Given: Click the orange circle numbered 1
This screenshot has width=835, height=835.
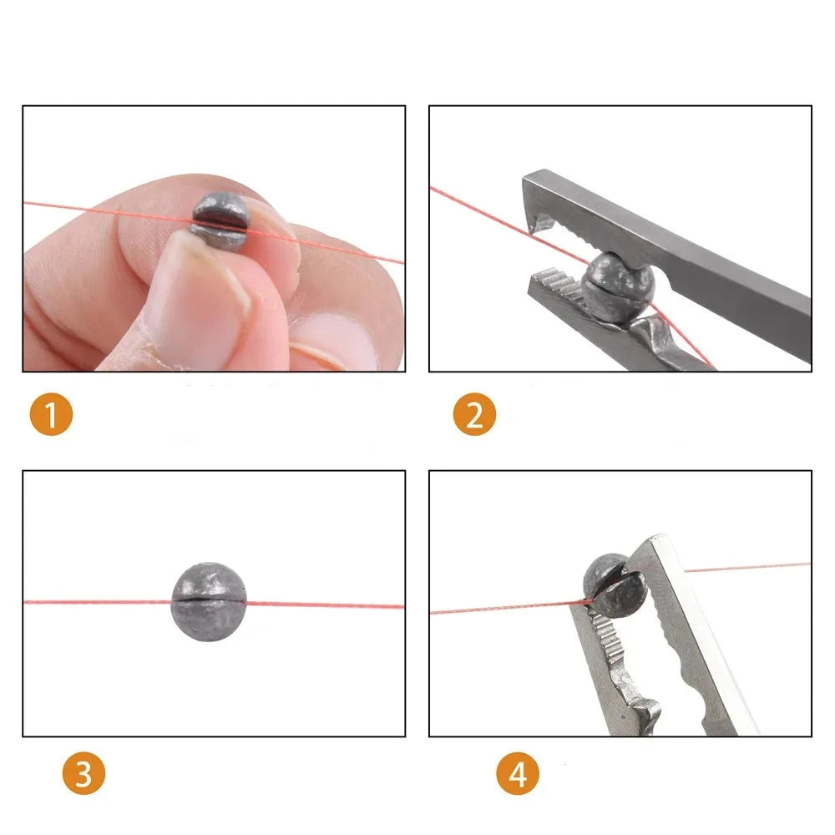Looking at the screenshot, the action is pos(51,414).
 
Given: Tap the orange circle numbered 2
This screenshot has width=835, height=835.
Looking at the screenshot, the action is pos(474,414).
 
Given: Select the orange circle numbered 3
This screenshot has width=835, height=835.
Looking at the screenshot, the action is pos(83,772).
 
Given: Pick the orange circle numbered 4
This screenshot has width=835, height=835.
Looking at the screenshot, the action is pos(518,772).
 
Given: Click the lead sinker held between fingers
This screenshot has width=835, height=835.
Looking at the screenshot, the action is pos(220,221).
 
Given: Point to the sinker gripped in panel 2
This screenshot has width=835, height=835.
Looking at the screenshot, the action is pos(618,286).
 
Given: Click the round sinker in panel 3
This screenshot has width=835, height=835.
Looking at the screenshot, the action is pos(208,601).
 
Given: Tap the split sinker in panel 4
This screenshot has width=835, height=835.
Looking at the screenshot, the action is pos(614,585).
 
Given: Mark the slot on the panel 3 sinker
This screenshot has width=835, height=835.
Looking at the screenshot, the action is pos(208,600).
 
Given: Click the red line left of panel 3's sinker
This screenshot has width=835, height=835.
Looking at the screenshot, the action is pos(98,602).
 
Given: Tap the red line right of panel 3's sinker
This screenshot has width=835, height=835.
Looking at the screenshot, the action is pos(325,605).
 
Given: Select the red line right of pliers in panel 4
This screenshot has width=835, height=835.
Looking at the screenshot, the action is pos(747,567).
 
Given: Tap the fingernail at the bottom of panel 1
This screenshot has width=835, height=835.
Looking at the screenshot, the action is pos(336,341).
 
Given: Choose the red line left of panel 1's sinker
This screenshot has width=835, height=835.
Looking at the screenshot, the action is pos(108,211).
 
